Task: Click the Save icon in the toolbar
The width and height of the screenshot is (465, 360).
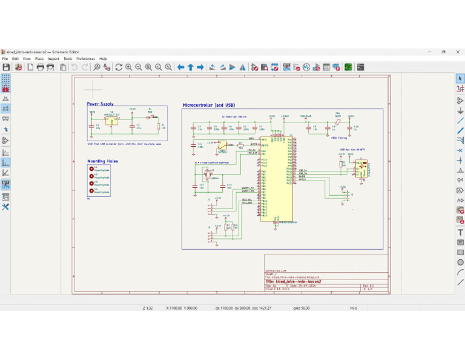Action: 6,67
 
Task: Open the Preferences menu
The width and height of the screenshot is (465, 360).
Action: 85,59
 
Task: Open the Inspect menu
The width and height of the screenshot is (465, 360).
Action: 54,59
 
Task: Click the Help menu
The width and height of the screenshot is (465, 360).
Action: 104,59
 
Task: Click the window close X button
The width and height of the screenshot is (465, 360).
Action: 458,52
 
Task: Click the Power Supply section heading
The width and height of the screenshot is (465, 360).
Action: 100,104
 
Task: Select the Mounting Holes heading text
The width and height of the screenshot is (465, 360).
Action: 102,161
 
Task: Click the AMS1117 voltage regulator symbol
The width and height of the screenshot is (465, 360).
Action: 111,121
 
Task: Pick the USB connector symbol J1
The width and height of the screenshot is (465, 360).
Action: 361,168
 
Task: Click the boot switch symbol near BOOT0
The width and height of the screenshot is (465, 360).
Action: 223,145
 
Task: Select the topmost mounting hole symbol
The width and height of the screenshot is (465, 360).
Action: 91,169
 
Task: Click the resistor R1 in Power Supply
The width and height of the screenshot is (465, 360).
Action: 159,126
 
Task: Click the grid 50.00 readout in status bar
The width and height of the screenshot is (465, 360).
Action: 302,308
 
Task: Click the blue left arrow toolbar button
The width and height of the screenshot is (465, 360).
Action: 180,67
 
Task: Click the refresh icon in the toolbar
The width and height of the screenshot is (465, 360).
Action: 119,67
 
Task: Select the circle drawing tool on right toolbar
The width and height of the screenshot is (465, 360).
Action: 460,262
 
